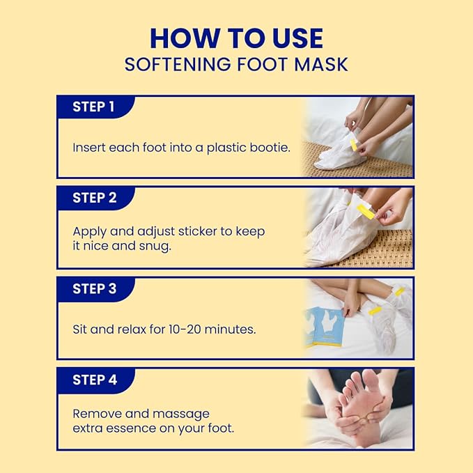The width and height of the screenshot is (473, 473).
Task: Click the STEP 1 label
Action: point(93,107)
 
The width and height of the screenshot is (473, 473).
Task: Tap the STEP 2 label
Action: point(95,198)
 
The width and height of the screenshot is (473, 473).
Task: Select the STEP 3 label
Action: point(95,288)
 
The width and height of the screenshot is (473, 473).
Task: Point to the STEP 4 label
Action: point(95,380)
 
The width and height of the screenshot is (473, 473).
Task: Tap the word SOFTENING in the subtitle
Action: point(178,64)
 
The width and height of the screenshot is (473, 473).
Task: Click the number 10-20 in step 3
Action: point(185,329)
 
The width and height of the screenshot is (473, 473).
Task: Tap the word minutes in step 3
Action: point(230,329)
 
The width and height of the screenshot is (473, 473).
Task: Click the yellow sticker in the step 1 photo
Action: point(354,145)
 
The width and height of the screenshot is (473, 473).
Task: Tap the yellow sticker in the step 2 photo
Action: point(366,211)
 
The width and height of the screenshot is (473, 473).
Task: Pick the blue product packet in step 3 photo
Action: point(325,327)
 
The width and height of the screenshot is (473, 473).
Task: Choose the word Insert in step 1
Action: point(89,148)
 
